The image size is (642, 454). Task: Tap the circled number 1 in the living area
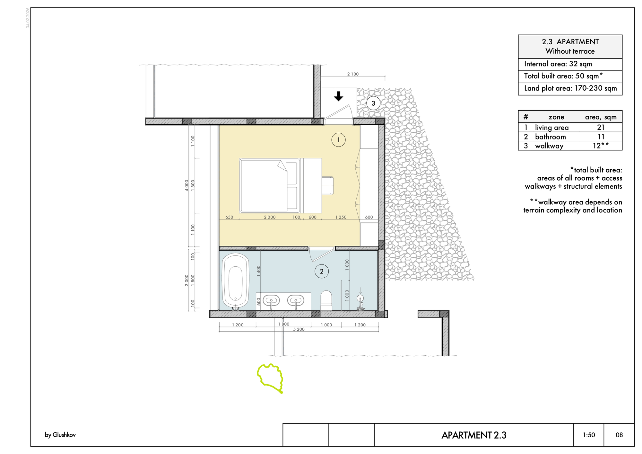(x=338, y=140)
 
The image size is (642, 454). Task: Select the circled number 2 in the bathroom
(x=322, y=272)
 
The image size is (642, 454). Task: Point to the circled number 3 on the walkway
(x=373, y=103)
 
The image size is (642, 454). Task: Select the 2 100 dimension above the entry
(x=353, y=74)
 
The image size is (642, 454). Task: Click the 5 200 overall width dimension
(x=299, y=329)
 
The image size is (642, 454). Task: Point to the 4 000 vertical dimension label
(x=187, y=185)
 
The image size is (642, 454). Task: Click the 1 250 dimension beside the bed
(x=341, y=217)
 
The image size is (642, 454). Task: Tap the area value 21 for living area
(x=601, y=128)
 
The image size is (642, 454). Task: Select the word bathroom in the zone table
(x=550, y=137)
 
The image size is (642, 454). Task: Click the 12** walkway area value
(x=601, y=146)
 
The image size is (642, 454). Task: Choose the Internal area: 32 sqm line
(x=558, y=64)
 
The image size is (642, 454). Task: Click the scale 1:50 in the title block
(x=589, y=435)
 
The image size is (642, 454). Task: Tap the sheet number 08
(x=619, y=435)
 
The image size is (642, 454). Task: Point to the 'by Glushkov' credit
(x=60, y=435)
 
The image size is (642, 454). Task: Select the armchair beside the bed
(x=328, y=186)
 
